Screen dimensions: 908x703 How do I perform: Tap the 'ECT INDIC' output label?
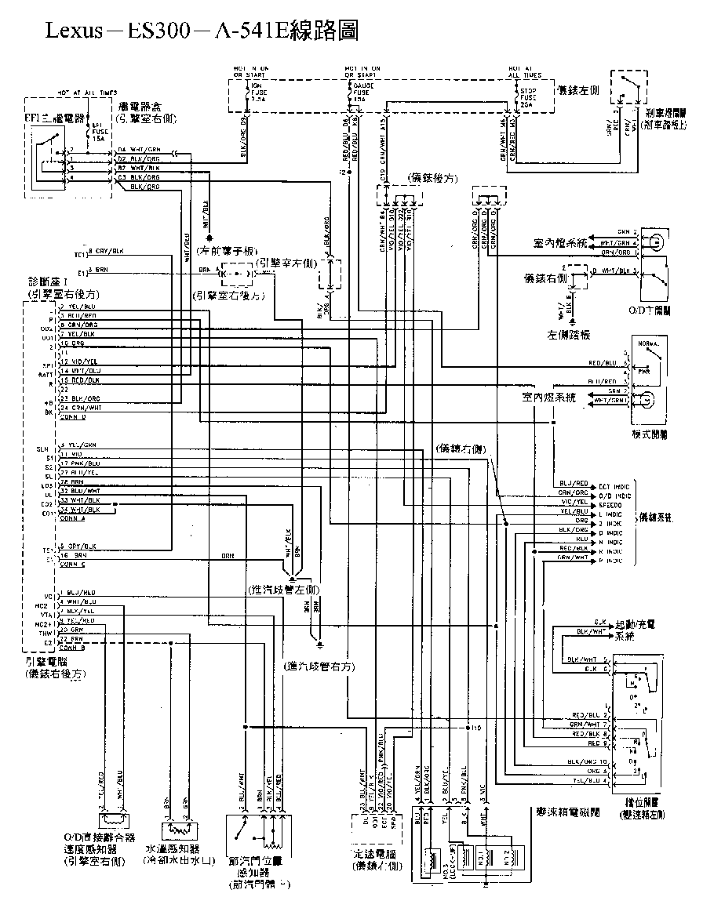point(614,486)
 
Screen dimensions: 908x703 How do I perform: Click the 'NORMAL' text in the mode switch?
point(650,345)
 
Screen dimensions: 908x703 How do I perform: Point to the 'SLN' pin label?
point(44,447)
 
